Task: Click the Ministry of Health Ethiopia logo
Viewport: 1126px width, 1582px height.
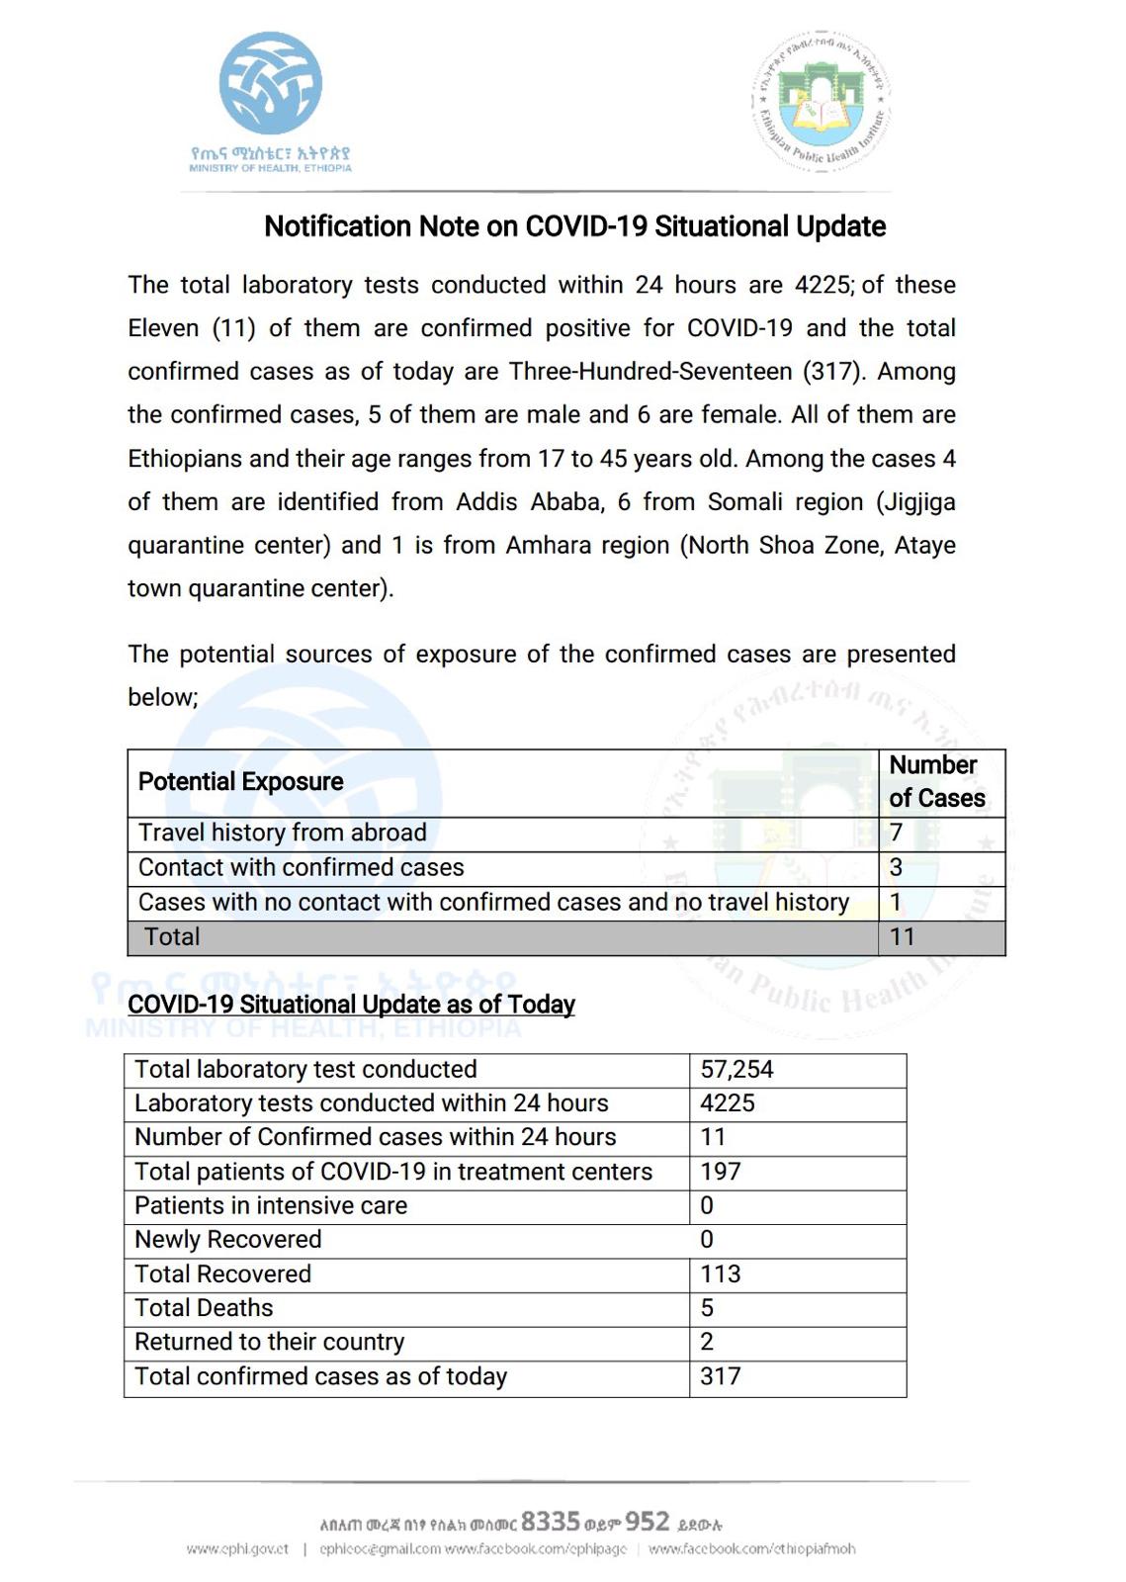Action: point(270,99)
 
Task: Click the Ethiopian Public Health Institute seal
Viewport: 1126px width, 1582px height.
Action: point(823,101)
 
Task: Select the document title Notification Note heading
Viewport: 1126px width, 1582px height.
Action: point(574,226)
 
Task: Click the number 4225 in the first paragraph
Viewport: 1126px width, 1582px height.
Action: point(823,285)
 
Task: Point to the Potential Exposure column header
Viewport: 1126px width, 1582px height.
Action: point(241,782)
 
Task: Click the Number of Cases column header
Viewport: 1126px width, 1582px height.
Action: point(936,781)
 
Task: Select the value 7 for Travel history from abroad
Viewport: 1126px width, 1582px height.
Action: point(897,833)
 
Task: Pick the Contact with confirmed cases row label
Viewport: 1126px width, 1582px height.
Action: point(302,867)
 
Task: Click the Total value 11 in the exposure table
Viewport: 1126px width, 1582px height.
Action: point(903,936)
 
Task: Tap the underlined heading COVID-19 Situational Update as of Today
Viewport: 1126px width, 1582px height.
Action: point(351,1005)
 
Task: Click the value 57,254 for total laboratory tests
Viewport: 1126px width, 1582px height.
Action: point(736,1069)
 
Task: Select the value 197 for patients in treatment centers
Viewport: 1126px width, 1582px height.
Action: point(721,1172)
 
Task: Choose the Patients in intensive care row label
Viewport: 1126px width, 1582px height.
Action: point(271,1205)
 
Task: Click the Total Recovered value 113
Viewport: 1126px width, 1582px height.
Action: point(721,1274)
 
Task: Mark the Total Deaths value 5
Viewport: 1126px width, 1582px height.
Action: point(707,1308)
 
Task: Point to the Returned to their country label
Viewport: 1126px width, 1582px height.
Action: point(270,1342)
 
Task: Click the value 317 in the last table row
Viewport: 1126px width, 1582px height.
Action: point(721,1376)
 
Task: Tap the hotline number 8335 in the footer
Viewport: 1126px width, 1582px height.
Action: point(551,1521)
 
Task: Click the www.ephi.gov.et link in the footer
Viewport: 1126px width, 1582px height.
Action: point(237,1549)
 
